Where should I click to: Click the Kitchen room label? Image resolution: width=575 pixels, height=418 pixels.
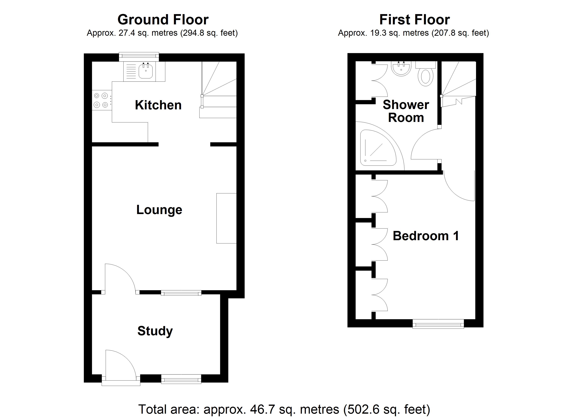(158, 105)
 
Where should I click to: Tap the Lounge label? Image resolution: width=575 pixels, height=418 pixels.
(159, 210)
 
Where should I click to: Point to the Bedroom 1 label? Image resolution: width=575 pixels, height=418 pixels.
(426, 236)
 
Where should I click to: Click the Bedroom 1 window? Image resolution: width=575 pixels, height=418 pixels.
(438, 324)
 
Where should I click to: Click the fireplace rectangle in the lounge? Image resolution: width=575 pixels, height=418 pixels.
(226, 218)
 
